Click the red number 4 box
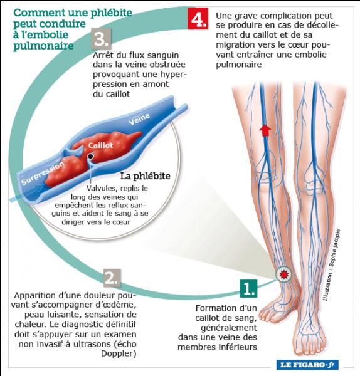(x=198, y=18)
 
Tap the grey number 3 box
(x=101, y=39)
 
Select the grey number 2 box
(x=112, y=278)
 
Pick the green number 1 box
(x=248, y=288)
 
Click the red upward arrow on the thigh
(x=265, y=130)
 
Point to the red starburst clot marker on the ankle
(x=283, y=274)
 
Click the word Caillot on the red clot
(x=100, y=145)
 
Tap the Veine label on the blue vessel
(x=139, y=119)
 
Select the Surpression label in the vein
(x=43, y=173)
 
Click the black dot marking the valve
(x=90, y=156)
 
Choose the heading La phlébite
(x=146, y=176)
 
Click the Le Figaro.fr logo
(x=307, y=365)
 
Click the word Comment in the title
(x=39, y=13)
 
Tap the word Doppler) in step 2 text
(x=119, y=353)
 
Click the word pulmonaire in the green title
(x=43, y=46)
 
